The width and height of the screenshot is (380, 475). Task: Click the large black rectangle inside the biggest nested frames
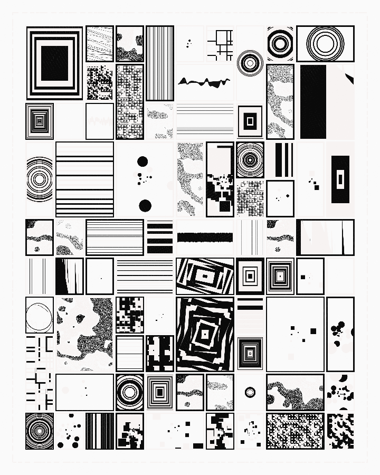tap(54, 63)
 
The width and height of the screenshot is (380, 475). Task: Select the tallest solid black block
tap(313, 101)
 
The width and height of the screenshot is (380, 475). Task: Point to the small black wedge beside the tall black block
tap(349, 78)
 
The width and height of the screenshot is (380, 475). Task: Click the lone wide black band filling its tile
tap(205, 237)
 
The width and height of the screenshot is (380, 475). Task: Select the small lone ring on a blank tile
tap(250, 392)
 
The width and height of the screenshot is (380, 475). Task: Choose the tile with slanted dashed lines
tap(100, 44)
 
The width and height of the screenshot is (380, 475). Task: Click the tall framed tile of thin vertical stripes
tap(159, 63)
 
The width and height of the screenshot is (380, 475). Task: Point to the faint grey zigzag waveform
tap(100, 121)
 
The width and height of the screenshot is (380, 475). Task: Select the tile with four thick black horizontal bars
tap(159, 237)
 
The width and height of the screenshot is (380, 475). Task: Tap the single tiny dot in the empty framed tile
tap(100, 276)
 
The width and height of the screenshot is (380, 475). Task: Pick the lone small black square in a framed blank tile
tap(303, 277)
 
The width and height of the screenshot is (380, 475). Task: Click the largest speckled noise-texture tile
tap(84, 334)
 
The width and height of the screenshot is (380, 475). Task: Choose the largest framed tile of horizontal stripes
tap(84, 179)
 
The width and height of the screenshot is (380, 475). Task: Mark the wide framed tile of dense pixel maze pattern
tap(295, 431)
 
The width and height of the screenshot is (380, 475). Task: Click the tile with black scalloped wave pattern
tap(340, 431)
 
